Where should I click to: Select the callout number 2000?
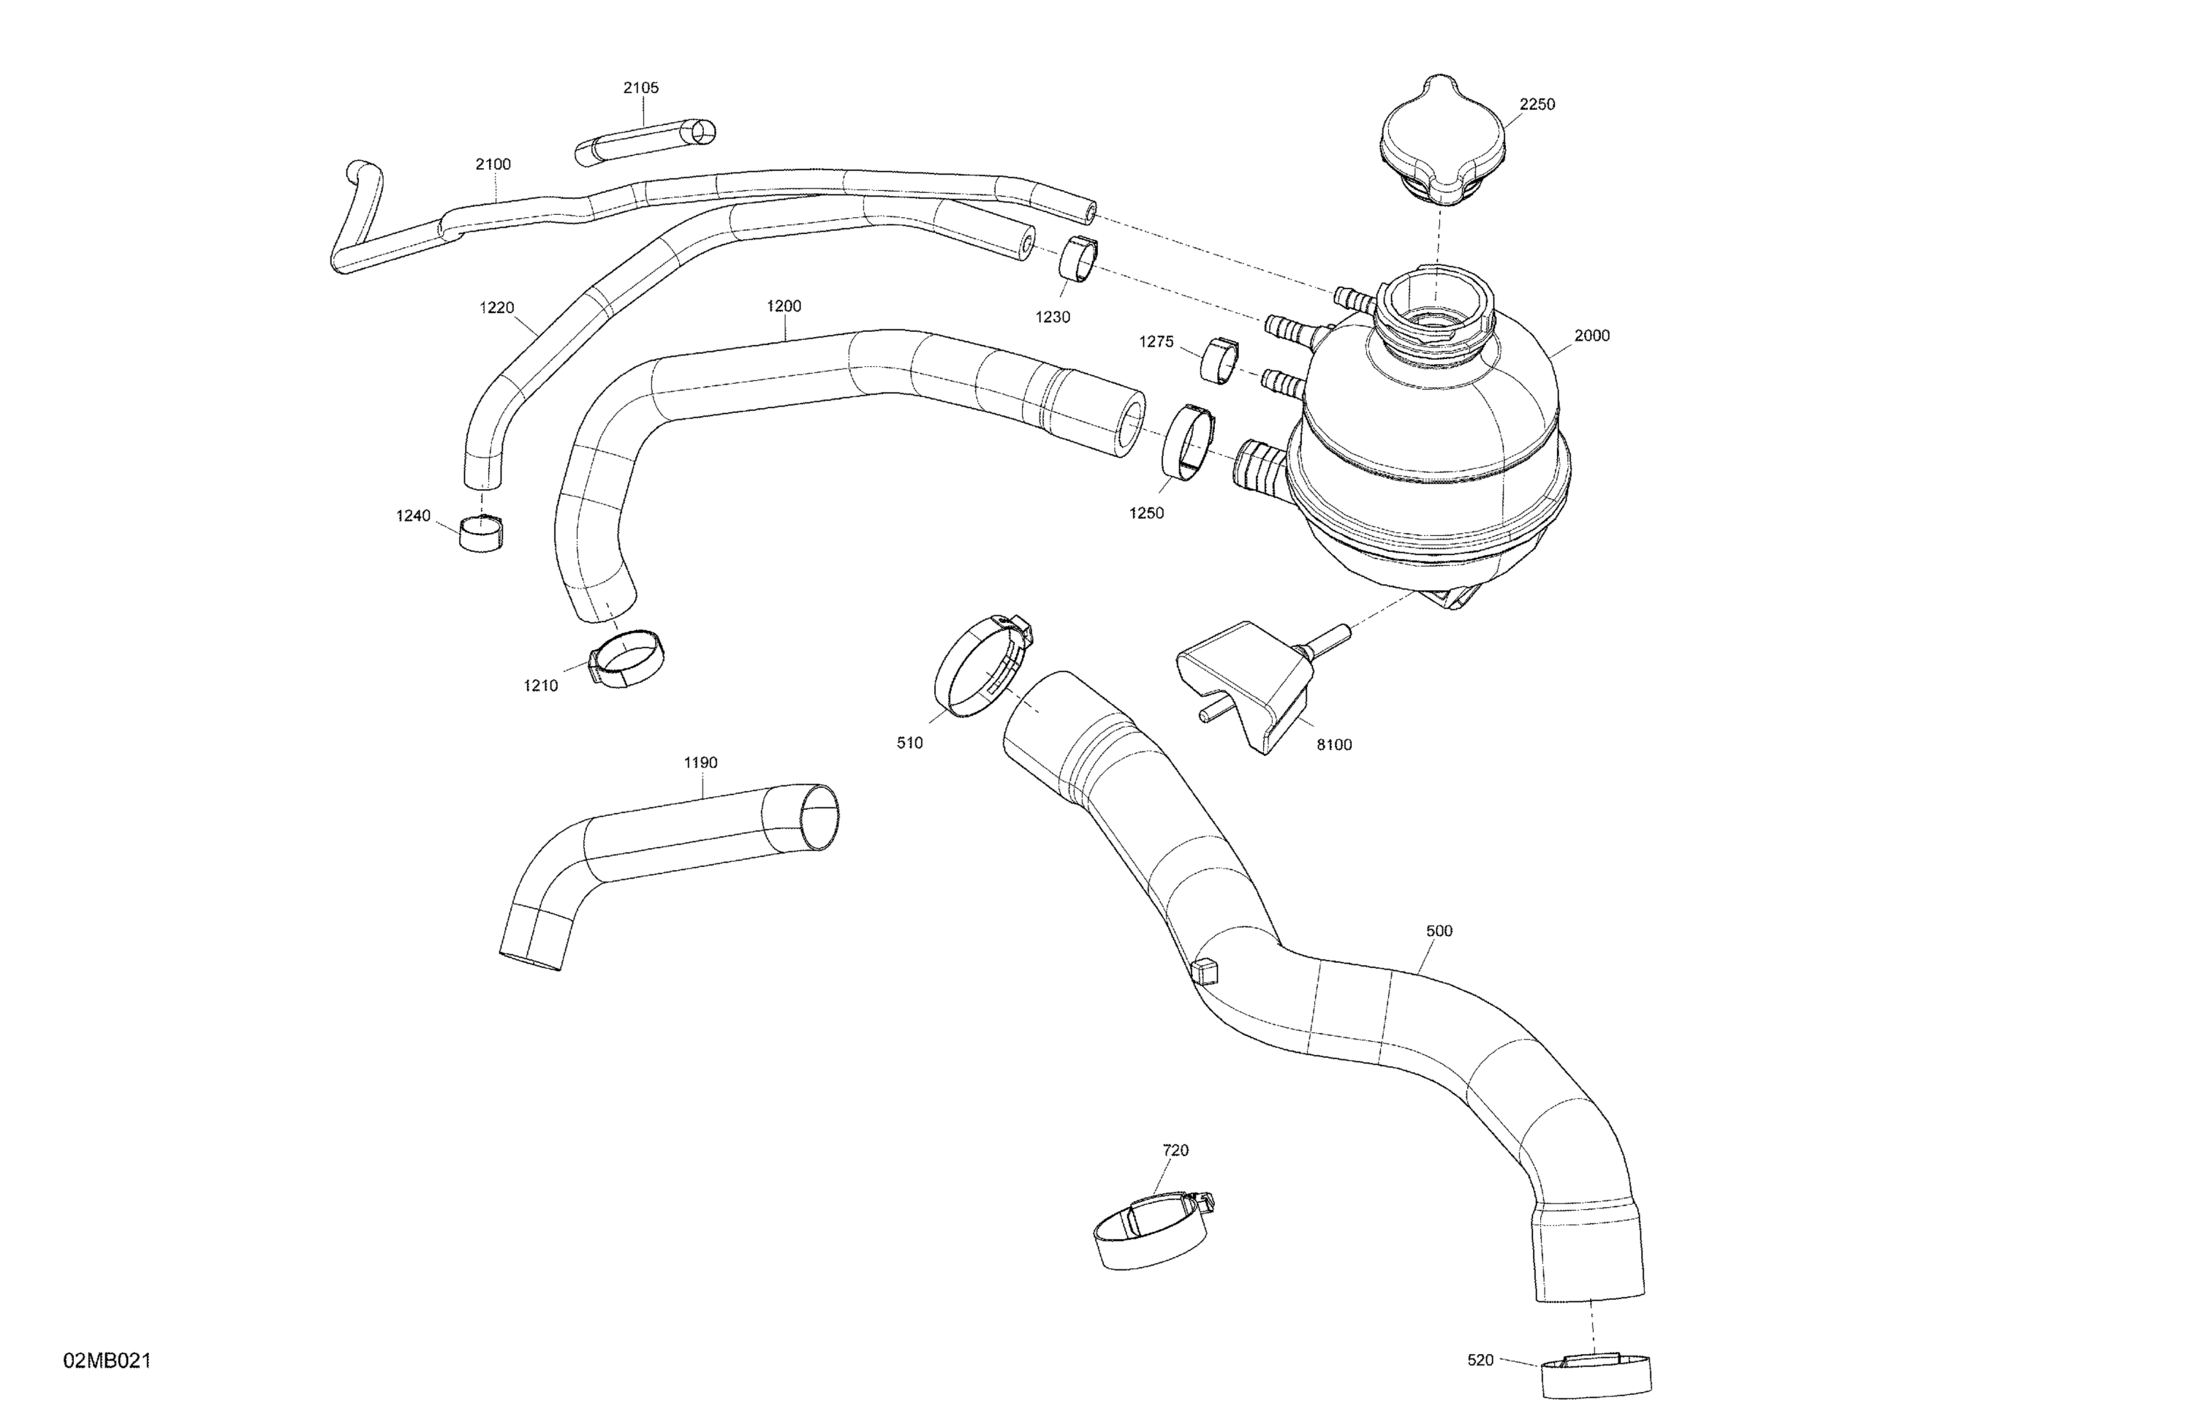[1591, 336]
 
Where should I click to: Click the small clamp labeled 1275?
[1219, 360]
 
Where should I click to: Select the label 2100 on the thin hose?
[493, 164]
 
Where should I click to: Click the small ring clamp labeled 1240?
[482, 533]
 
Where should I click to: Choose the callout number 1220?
[496, 308]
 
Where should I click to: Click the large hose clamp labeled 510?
[982, 666]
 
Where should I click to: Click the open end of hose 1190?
[818, 816]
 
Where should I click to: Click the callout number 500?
[1439, 931]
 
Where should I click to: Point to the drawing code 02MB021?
[107, 1361]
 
